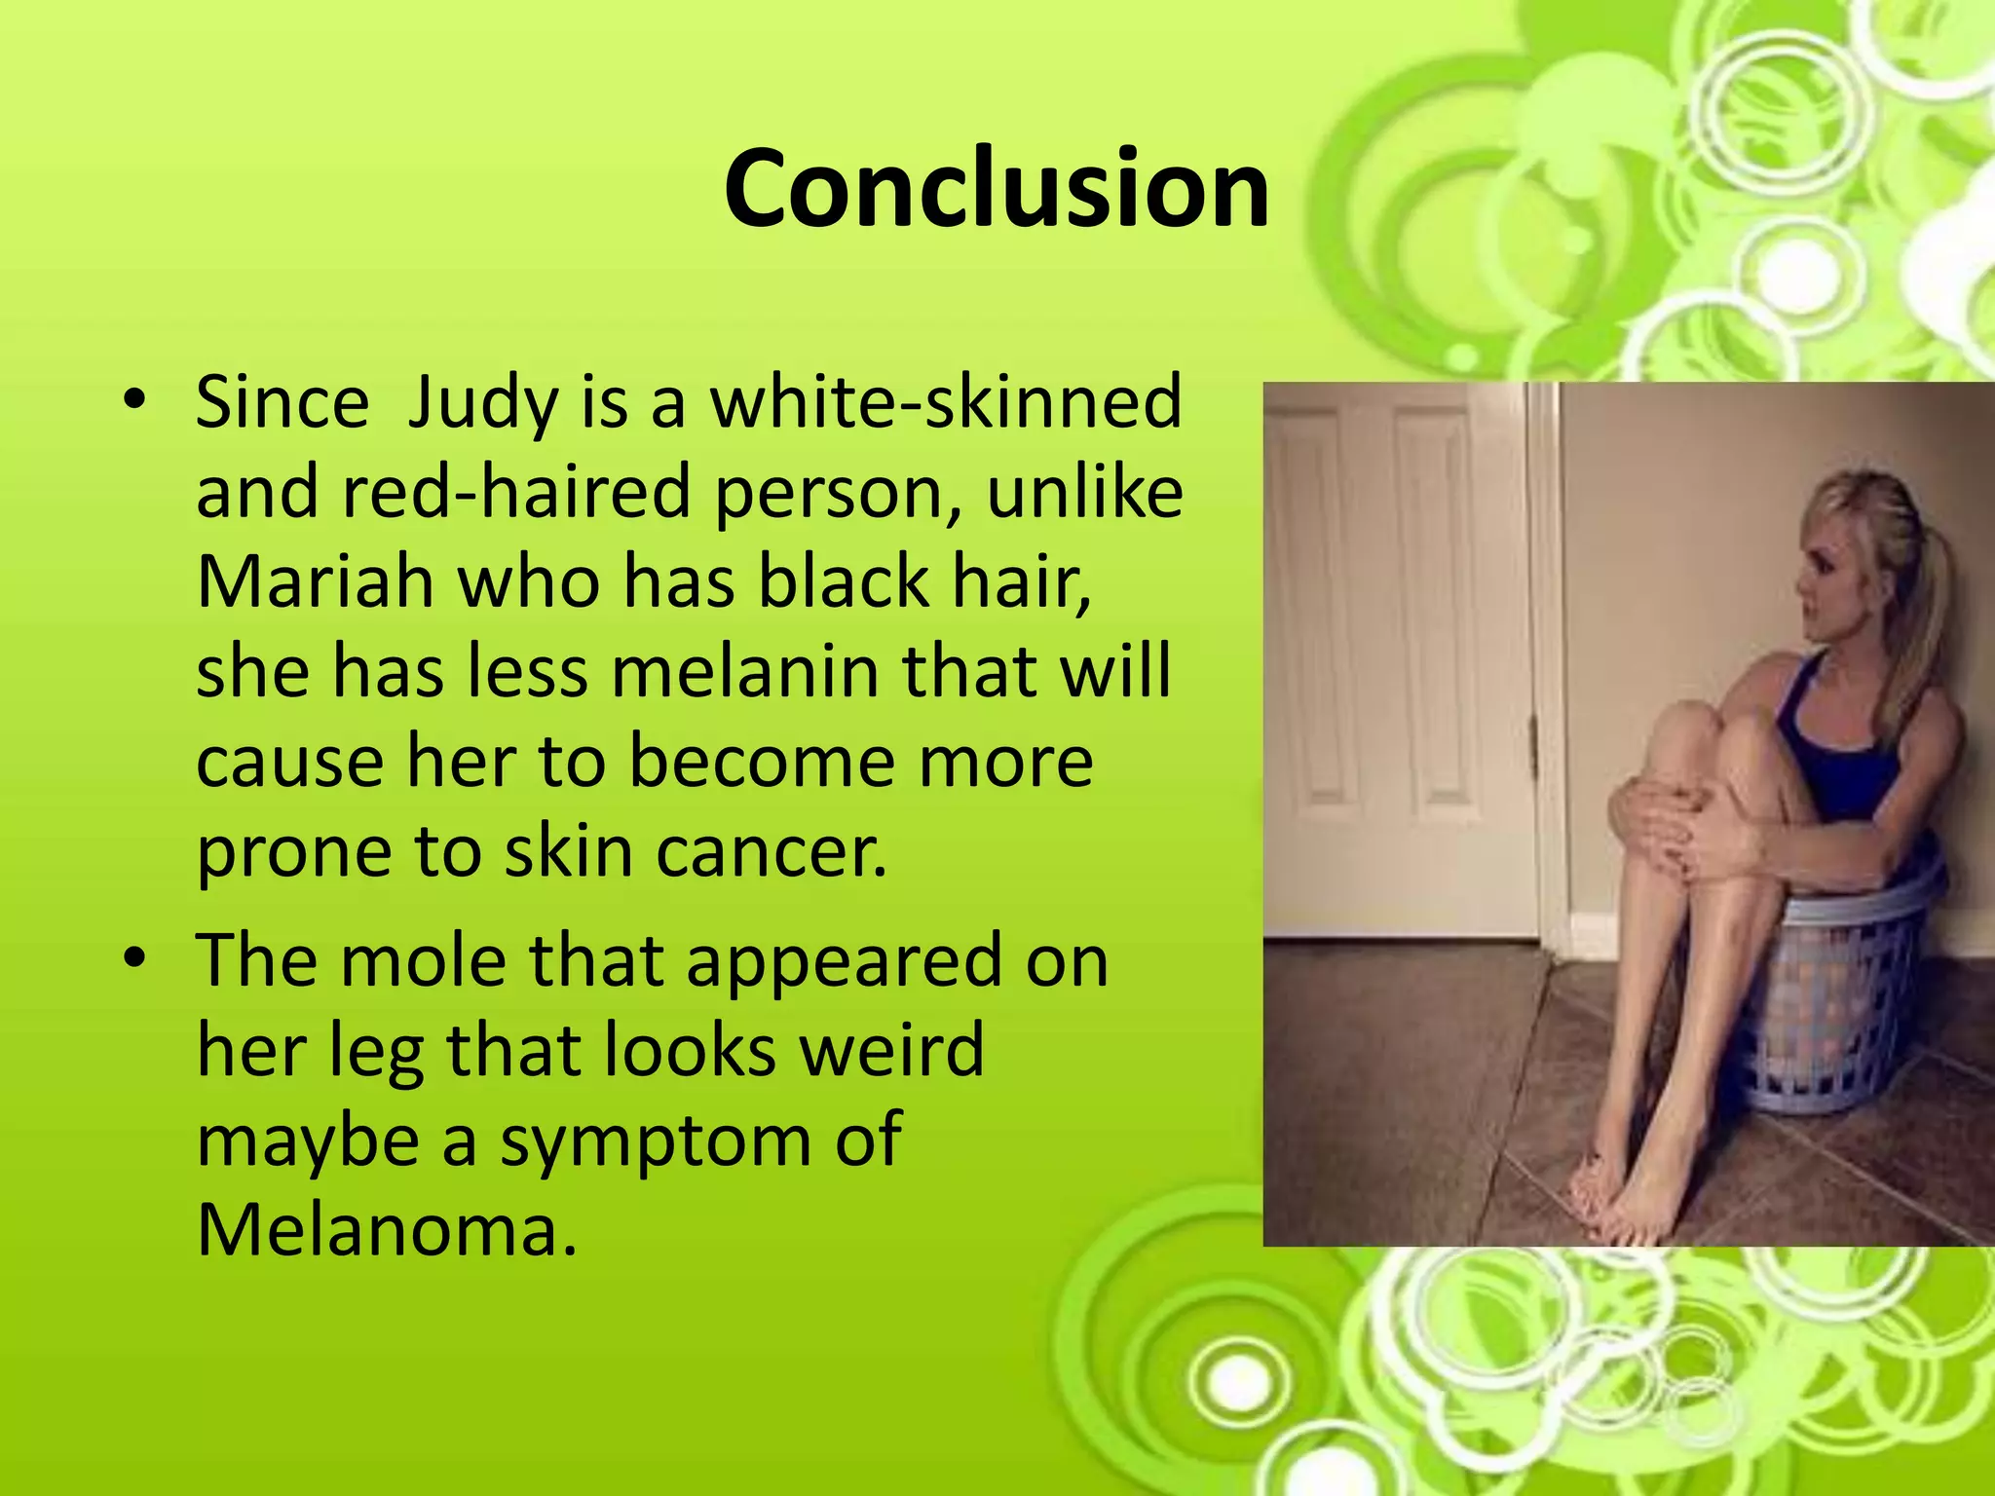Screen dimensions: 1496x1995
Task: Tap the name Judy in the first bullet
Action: tap(481, 402)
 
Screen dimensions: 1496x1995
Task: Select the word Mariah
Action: tap(315, 581)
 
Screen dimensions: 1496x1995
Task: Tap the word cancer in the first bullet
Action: tap(772, 850)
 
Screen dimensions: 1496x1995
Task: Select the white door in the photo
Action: tap(1403, 653)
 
